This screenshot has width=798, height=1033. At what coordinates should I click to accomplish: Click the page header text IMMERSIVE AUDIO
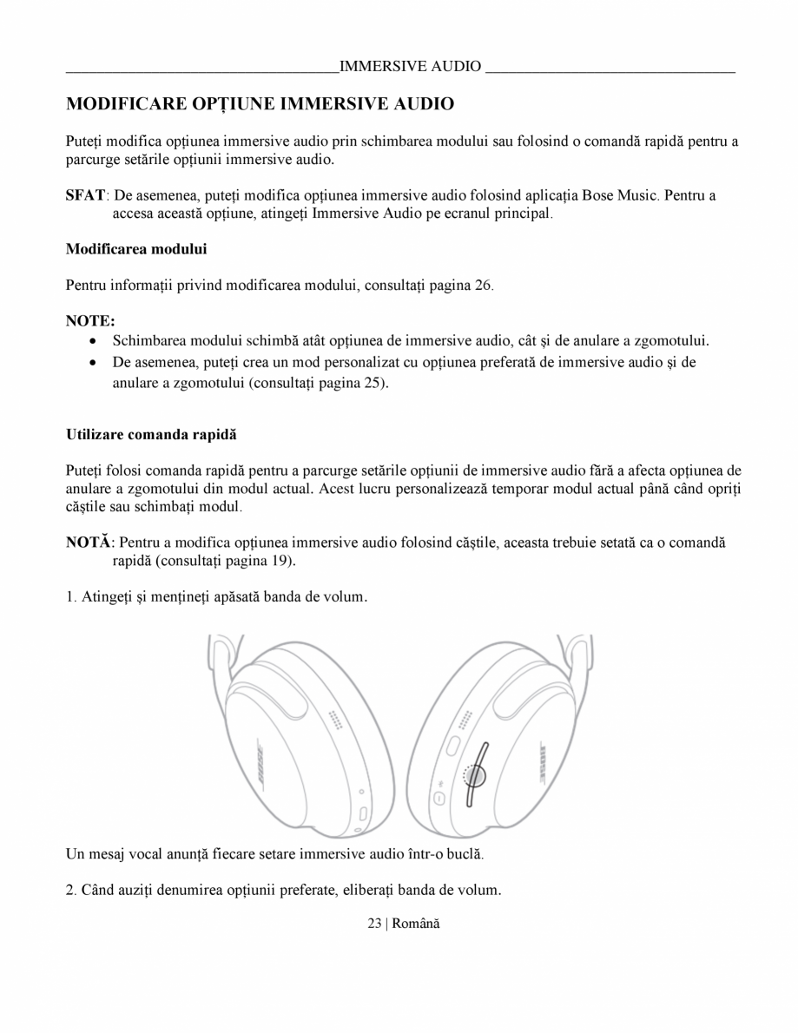tap(410, 66)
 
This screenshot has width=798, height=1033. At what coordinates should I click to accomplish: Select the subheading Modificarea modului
tap(136, 249)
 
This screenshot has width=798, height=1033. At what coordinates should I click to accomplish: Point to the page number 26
tap(483, 286)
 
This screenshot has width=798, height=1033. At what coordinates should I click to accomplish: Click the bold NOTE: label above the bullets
tap(90, 321)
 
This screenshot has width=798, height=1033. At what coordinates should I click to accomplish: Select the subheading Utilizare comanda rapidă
tap(151, 434)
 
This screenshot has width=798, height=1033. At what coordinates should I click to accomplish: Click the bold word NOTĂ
tap(89, 542)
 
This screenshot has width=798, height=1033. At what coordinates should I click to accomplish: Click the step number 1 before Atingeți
tap(70, 597)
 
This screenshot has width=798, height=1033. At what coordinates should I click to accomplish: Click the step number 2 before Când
tap(70, 891)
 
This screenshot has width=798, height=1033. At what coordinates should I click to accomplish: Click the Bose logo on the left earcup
tap(258, 765)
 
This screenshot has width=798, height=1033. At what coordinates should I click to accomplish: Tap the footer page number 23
tap(374, 924)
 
